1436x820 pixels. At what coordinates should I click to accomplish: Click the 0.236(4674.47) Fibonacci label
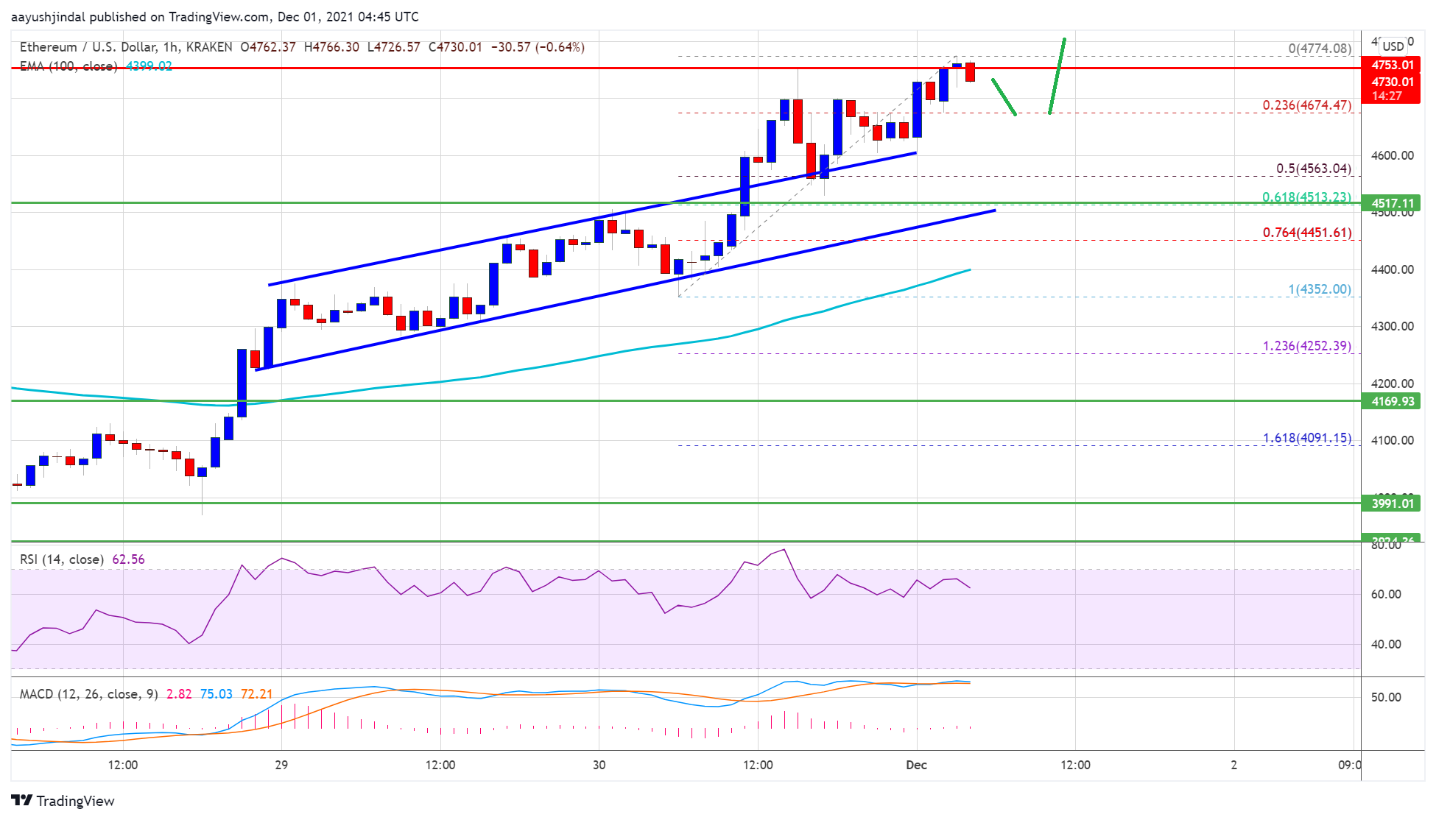point(1306,105)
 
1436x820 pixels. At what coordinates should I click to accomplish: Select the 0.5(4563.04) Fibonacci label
point(1313,169)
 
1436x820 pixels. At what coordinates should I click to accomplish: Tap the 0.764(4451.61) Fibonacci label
point(1306,233)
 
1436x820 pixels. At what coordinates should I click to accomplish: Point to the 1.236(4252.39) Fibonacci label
point(1306,346)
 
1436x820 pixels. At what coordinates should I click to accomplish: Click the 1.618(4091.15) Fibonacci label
point(1306,438)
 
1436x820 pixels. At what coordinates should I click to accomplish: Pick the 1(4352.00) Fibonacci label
point(1319,289)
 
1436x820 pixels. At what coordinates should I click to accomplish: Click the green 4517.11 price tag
point(1392,204)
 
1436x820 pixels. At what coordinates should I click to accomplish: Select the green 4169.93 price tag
point(1392,401)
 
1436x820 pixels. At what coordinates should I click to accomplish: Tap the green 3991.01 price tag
point(1392,503)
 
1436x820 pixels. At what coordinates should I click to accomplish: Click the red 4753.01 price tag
point(1392,66)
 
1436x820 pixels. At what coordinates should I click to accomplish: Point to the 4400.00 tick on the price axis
point(1392,269)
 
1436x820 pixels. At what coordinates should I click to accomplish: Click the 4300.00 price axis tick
point(1392,326)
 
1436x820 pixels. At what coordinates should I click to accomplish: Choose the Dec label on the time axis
point(916,765)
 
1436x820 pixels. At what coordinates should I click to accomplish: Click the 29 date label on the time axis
point(281,765)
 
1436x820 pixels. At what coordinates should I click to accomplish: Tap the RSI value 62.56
point(128,559)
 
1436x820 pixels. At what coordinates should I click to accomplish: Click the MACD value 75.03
point(216,694)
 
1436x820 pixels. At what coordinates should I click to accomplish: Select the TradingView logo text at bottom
point(75,801)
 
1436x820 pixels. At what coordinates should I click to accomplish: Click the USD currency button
point(1393,46)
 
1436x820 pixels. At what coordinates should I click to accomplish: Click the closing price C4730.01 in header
point(455,47)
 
